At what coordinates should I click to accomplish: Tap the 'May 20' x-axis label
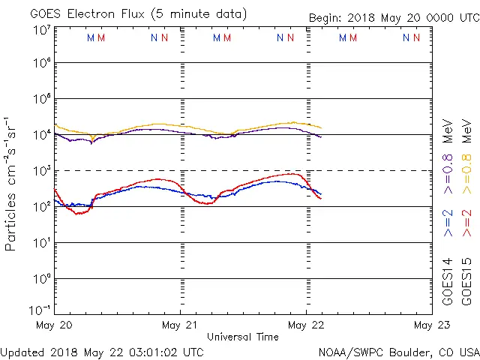[x=54, y=325]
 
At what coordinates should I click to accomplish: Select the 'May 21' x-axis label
[x=180, y=325]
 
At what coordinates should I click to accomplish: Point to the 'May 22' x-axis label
[x=306, y=325]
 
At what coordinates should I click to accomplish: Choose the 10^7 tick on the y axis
[x=41, y=30]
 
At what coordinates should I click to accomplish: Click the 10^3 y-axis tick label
[x=41, y=170]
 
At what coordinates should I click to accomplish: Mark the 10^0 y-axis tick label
[x=41, y=278]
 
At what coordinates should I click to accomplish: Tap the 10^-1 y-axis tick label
[x=40, y=310]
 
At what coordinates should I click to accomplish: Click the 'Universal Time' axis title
[x=243, y=337]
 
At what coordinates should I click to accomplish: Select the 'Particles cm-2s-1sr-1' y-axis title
[x=12, y=184]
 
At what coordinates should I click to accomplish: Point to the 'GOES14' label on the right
[x=448, y=281]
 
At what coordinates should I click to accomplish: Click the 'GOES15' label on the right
[x=467, y=281]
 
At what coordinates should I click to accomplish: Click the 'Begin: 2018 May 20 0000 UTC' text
[x=393, y=18]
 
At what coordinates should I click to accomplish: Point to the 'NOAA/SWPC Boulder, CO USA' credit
[x=398, y=352]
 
